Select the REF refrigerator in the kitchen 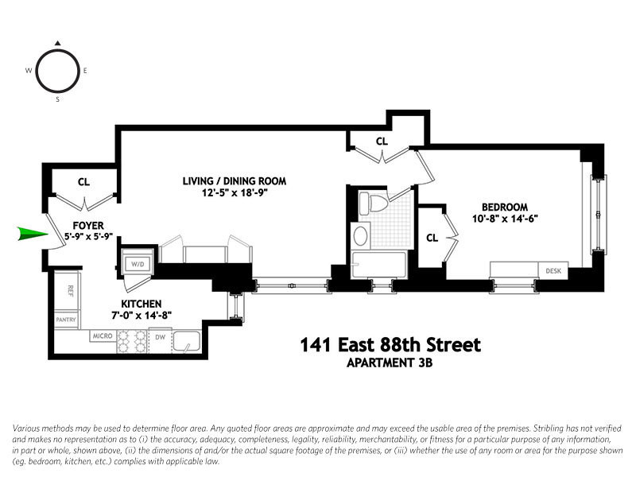[x=70, y=291]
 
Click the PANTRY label [x=66, y=320]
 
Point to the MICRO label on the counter [x=101, y=337]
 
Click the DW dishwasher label [x=160, y=337]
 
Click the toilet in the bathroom [x=371, y=204]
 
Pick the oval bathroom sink [x=360, y=236]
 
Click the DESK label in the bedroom [x=553, y=271]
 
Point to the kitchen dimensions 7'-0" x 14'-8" [x=142, y=316]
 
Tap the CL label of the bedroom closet [x=432, y=237]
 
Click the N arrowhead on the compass [x=57, y=43]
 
